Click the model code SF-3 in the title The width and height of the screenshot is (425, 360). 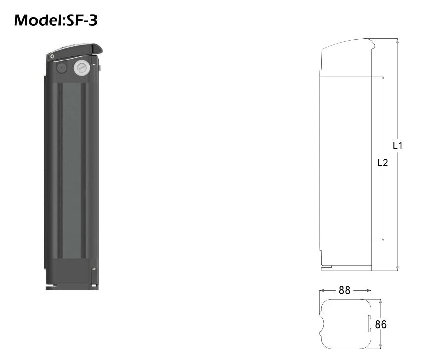82,20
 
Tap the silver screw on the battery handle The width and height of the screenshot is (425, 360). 52,56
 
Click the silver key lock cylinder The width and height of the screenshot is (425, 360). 82,68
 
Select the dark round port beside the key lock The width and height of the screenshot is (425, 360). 62,68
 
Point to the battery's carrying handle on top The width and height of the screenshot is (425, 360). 74,50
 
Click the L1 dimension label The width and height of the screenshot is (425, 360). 398,146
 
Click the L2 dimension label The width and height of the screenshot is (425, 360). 383,163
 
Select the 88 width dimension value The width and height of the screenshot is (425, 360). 344,290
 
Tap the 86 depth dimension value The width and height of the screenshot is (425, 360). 381,324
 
